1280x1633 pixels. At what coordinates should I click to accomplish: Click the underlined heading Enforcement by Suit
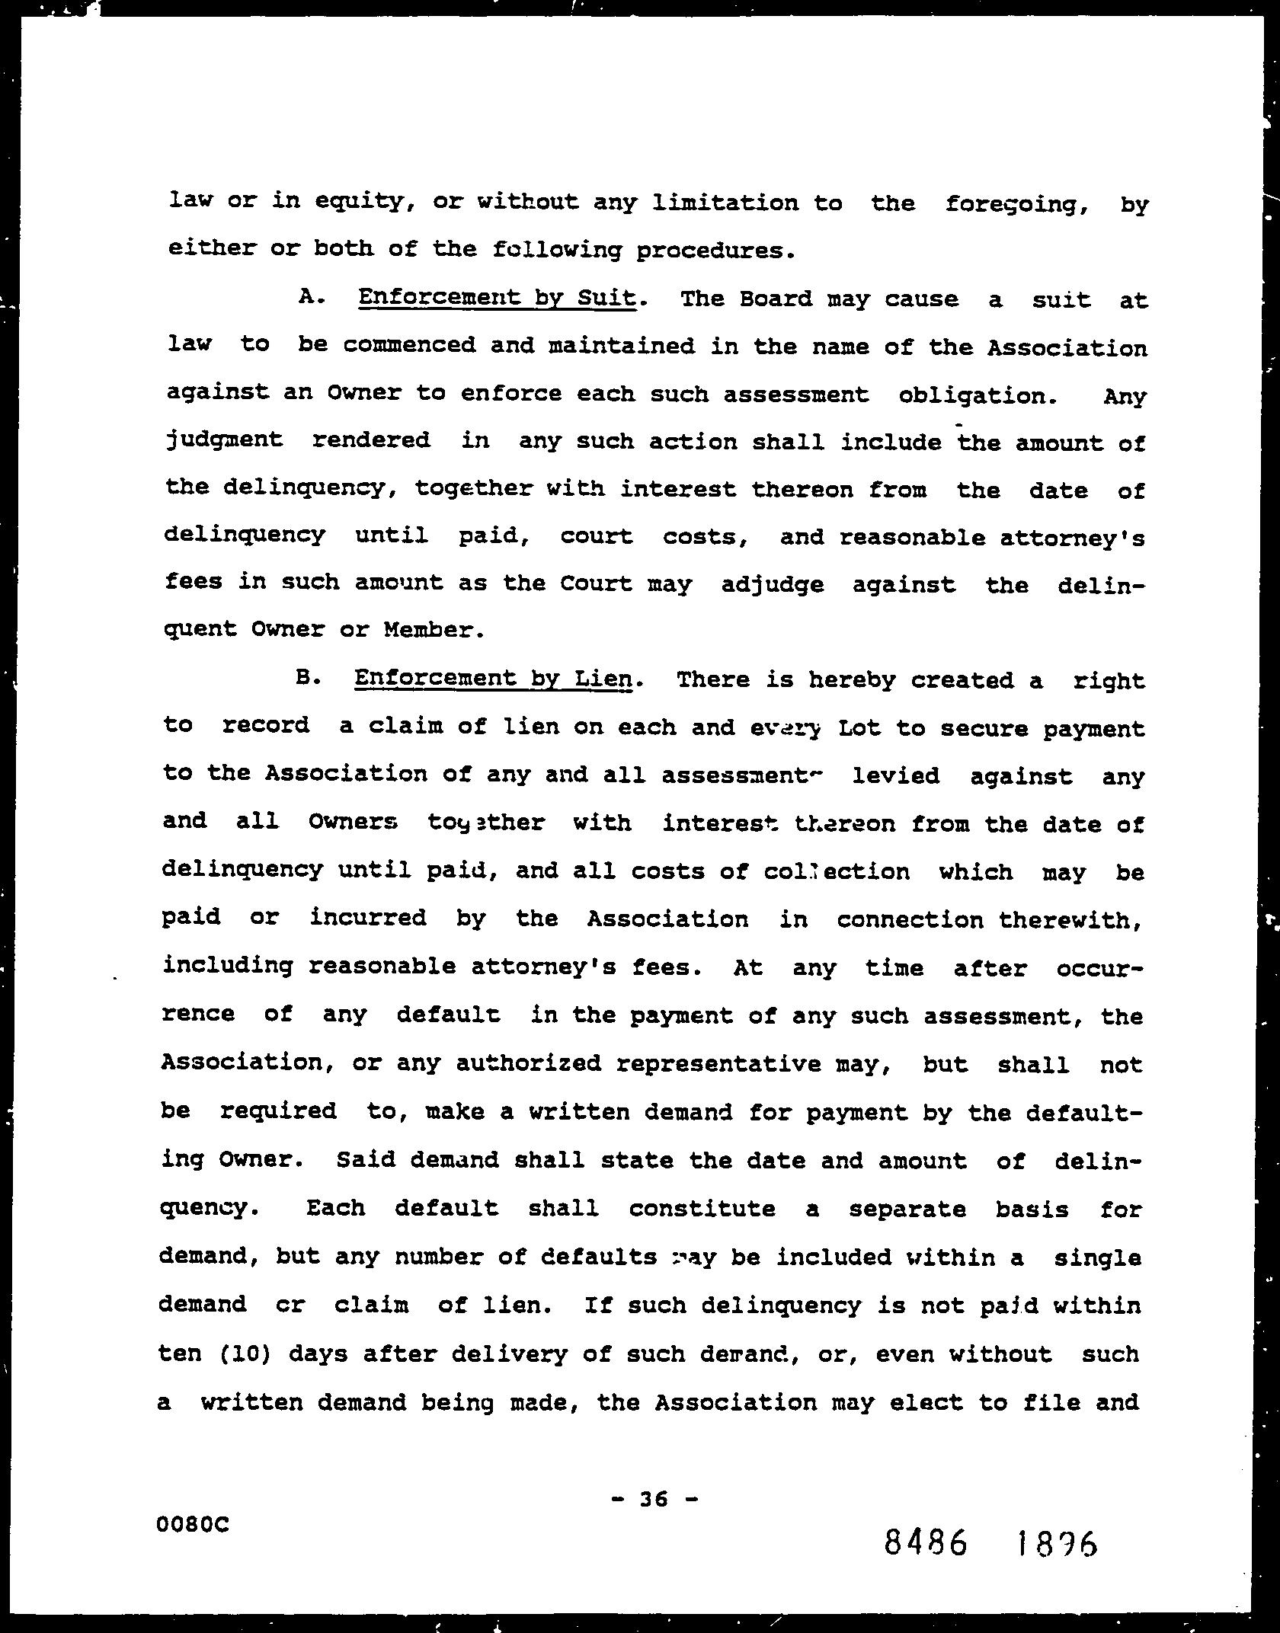coord(497,297)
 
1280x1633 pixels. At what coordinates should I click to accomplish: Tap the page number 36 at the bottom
coord(654,1499)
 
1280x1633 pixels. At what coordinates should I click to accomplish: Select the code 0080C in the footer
coord(193,1524)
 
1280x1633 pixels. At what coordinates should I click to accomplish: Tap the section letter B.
coord(306,677)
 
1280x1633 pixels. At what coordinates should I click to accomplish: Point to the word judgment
coord(224,440)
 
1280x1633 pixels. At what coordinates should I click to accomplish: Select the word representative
coord(718,1063)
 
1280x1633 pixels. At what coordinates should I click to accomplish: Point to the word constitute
coord(702,1209)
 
